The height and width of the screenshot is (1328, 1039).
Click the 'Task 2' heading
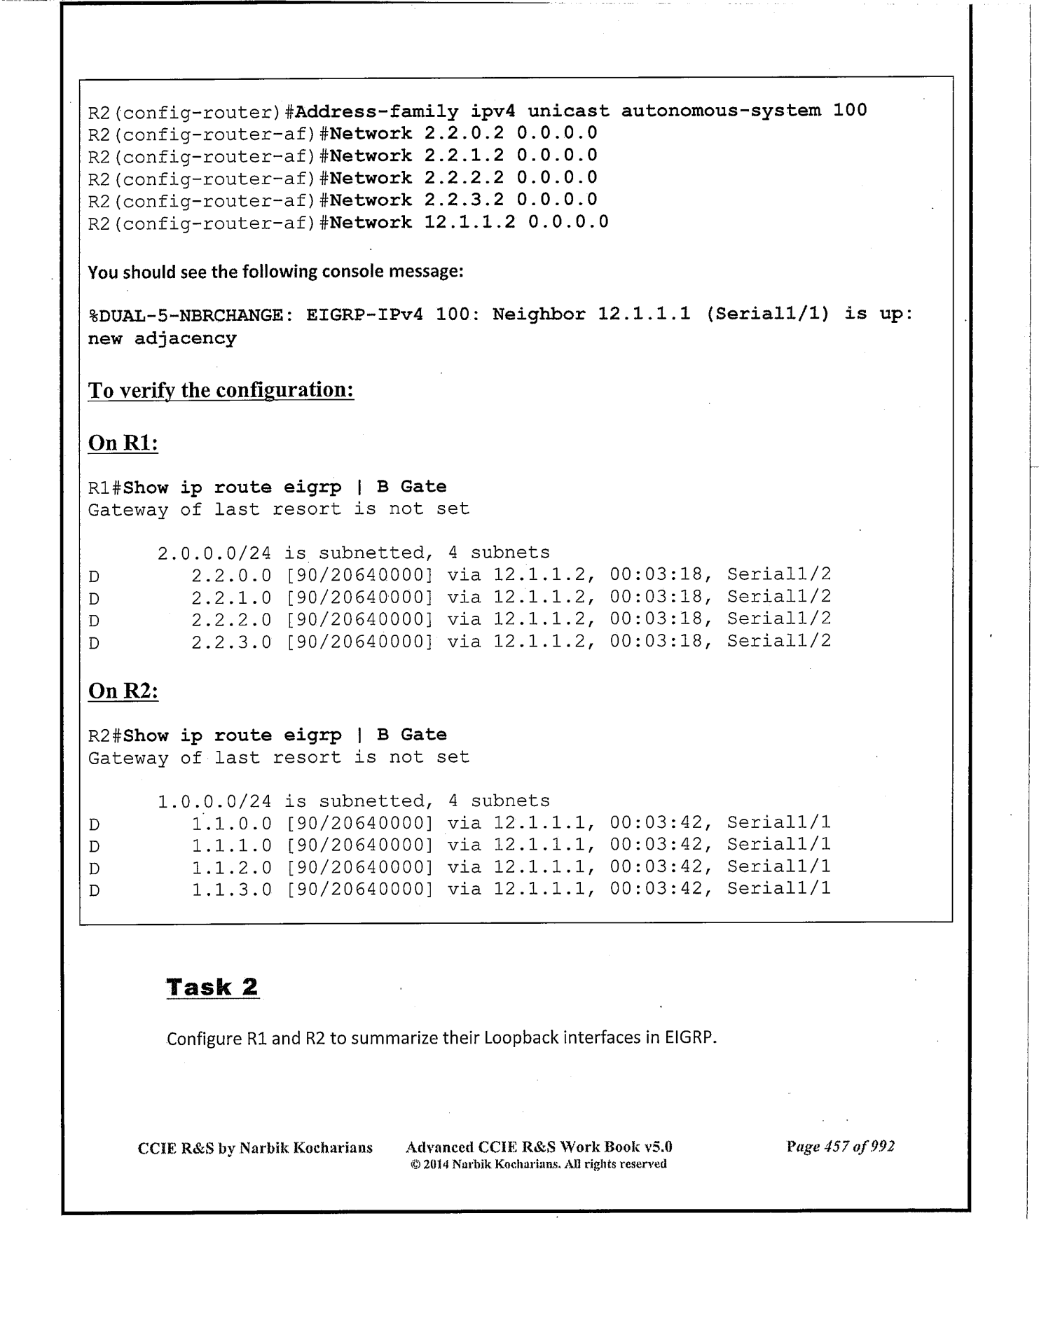point(212,987)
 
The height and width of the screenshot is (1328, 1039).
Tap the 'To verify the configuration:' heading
point(221,389)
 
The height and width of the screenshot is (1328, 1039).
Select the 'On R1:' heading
point(123,443)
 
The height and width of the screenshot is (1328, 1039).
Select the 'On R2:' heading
point(123,691)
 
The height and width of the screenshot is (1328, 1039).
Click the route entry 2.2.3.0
point(231,641)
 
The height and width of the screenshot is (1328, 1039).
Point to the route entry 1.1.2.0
point(231,867)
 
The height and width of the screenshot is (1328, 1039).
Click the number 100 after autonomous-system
point(850,110)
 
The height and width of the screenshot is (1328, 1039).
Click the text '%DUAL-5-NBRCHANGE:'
point(188,314)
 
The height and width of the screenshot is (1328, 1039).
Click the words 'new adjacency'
point(162,338)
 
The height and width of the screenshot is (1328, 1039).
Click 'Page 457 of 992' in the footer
point(840,1147)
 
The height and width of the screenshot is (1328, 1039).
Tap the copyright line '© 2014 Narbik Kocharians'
point(538,1164)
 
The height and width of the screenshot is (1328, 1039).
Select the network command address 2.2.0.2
point(464,133)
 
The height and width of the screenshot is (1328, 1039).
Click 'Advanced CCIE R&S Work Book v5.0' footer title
point(539,1147)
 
